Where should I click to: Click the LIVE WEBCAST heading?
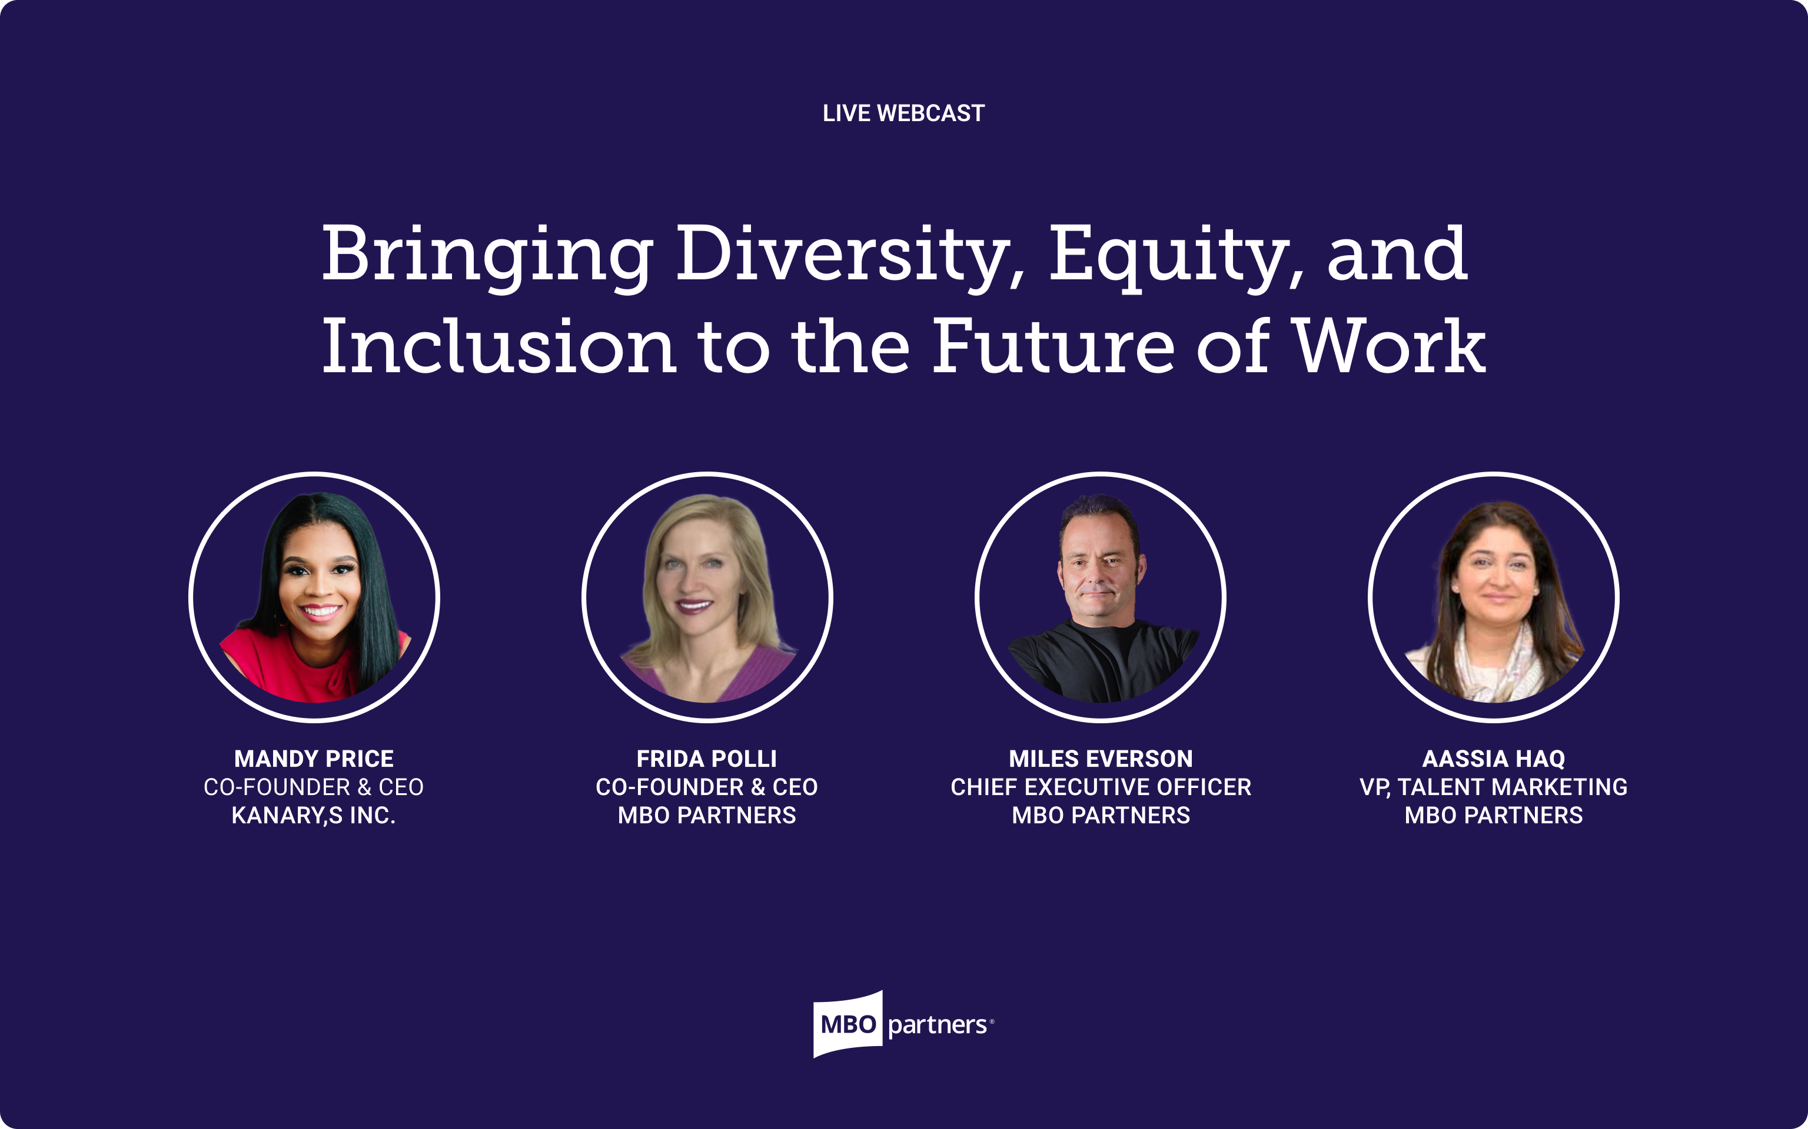tap(903, 113)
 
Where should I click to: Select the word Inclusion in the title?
tap(498, 347)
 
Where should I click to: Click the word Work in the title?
tap(1389, 347)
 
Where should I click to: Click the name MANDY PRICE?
tap(314, 759)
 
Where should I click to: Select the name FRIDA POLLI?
tap(707, 759)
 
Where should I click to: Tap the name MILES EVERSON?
tap(1101, 759)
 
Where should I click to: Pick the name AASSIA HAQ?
tap(1494, 759)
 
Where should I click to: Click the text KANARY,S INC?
tap(314, 816)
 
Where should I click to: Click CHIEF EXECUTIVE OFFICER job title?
tap(1101, 787)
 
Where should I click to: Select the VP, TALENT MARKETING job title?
tap(1494, 787)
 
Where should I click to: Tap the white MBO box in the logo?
tap(848, 1024)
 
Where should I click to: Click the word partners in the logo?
tap(937, 1025)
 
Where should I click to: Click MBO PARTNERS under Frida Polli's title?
tap(707, 816)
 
